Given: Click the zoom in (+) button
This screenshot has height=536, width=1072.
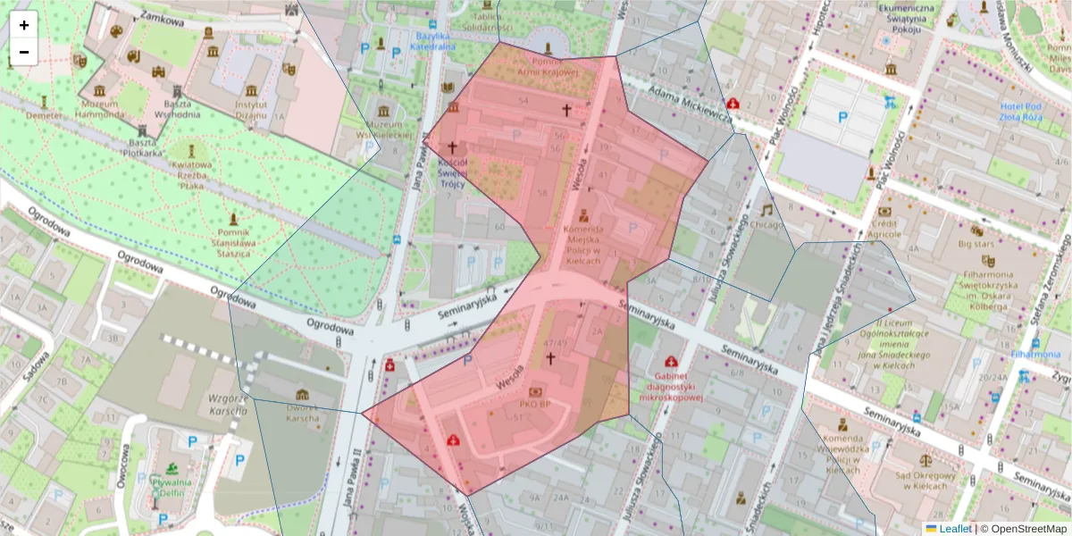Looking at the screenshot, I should pos(24,25).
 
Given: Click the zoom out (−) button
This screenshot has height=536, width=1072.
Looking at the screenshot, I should pos(24,52).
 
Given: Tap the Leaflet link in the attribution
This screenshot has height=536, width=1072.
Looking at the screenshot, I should pos(954,529).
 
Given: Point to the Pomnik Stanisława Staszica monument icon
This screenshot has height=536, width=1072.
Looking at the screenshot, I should pos(235,218).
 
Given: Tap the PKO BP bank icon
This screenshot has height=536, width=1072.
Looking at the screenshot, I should pos(536,392).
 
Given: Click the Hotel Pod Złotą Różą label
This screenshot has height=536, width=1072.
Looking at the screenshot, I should pos(1034,113).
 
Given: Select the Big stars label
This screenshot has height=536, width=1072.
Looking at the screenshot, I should pos(976,242).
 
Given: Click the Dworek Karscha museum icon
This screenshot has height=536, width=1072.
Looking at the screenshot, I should pos(302,394).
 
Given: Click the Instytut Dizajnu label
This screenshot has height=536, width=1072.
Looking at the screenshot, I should pos(252,109).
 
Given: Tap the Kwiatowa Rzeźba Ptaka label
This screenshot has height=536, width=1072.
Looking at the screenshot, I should pos(192,175).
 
